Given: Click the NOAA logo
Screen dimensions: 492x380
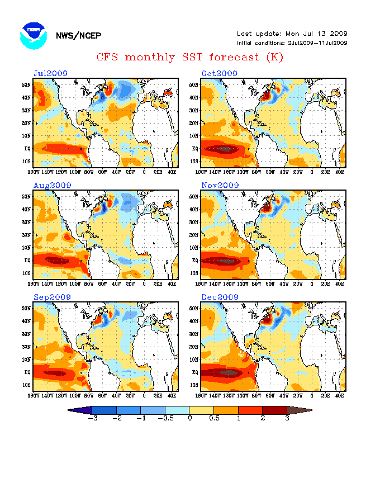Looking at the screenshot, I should point(32,35).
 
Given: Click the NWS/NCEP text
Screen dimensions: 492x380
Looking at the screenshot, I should point(78,36).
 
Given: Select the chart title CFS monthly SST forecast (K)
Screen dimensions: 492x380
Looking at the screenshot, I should point(189,57).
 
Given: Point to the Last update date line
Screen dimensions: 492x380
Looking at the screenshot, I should point(292,34).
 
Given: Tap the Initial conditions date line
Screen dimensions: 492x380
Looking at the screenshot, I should point(292,42).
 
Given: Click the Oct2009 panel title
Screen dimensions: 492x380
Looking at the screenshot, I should point(219,73).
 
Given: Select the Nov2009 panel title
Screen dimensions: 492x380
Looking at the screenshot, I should point(219,185).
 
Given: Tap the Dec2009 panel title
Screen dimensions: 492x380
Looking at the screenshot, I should point(219,297).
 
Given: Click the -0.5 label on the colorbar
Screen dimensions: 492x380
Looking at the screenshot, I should point(165,418).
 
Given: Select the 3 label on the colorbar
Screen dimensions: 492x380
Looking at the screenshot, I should point(287,418).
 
